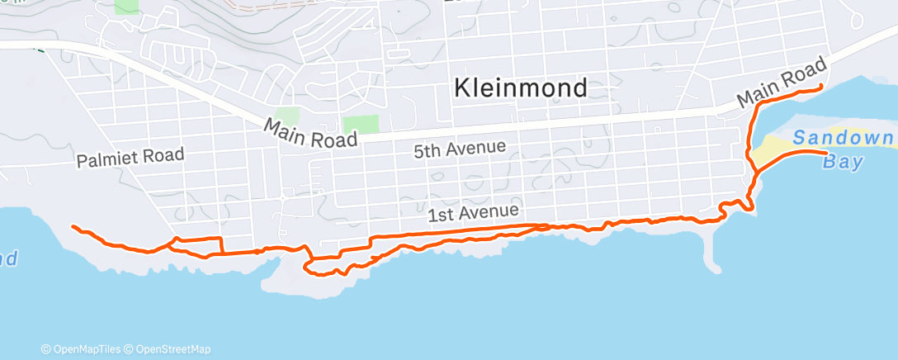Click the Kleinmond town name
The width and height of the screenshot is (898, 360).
tap(522, 88)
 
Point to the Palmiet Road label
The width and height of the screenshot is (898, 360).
tap(130, 158)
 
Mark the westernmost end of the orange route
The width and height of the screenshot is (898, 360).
tap(73, 226)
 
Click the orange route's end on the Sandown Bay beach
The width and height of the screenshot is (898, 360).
tap(826, 153)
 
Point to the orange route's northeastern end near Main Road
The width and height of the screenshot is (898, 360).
tap(821, 87)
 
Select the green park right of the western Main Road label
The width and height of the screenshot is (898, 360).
tap(361, 125)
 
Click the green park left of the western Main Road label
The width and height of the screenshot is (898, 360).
tap(286, 116)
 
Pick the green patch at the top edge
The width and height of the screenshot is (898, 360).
tap(127, 6)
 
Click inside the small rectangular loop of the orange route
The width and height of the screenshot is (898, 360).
tap(198, 245)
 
